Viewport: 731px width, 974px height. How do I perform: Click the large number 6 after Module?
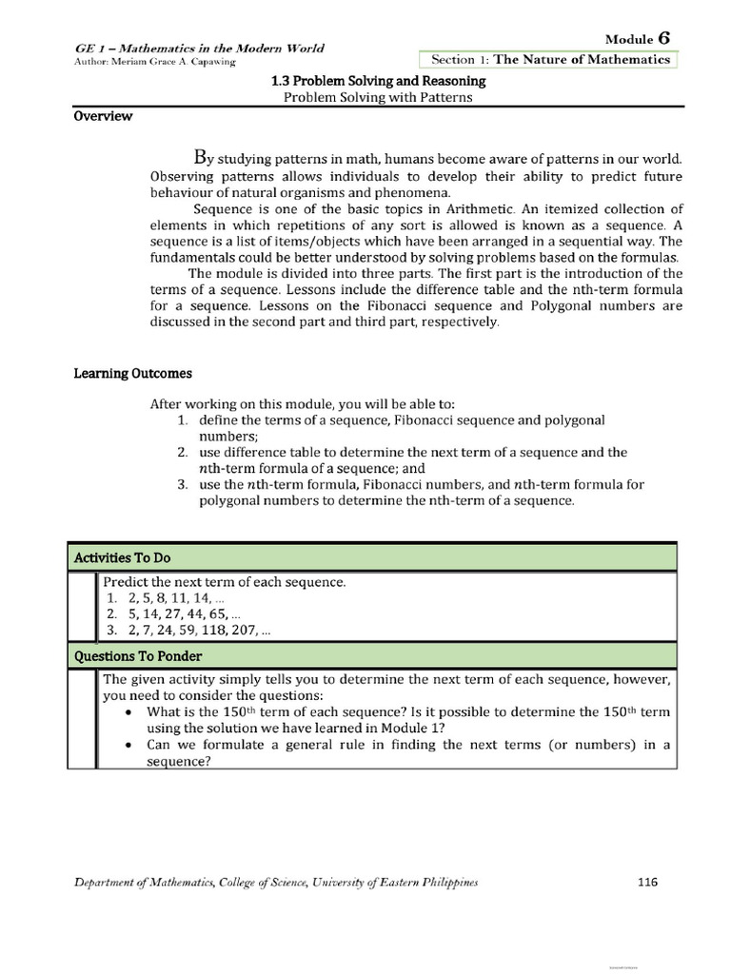(663, 37)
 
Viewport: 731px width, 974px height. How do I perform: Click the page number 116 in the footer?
(647, 882)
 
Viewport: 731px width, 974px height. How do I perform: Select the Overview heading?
(104, 117)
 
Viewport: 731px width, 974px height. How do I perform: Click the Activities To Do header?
(122, 557)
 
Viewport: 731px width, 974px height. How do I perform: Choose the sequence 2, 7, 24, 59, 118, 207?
(189, 631)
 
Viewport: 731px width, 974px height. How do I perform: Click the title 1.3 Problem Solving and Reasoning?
(378, 82)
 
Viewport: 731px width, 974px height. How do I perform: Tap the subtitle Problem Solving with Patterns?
(378, 98)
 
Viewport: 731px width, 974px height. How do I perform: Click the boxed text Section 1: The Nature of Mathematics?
(550, 59)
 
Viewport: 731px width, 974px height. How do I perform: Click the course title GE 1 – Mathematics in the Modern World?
(199, 48)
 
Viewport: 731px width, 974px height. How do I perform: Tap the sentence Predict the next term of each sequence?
(224, 581)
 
